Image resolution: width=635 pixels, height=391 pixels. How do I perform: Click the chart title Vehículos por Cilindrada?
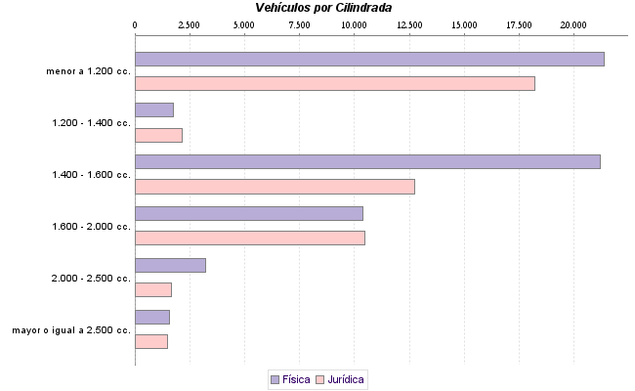pyautogui.click(x=323, y=8)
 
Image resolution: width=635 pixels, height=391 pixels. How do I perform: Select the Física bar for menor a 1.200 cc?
pyautogui.click(x=369, y=59)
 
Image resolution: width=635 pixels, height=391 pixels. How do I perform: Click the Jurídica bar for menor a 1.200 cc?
pyautogui.click(x=334, y=83)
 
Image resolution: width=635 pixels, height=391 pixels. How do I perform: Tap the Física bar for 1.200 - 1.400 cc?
pyautogui.click(x=153, y=109)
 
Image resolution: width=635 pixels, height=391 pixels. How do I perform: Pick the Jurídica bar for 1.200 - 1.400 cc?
pyautogui.click(x=158, y=135)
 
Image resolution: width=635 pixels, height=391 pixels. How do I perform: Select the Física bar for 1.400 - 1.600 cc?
pyautogui.click(x=367, y=161)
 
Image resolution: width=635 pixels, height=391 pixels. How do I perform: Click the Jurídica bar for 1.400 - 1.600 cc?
pyautogui.click(x=275, y=187)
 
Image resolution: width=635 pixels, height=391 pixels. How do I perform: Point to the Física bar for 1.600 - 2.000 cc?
pyautogui.click(x=248, y=213)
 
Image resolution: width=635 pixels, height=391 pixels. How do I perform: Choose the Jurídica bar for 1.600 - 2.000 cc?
pyautogui.click(x=249, y=239)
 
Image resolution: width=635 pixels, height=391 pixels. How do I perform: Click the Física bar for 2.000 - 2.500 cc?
pyautogui.click(x=170, y=265)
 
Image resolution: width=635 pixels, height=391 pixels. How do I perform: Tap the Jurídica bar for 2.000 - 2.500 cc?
pyautogui.click(x=152, y=290)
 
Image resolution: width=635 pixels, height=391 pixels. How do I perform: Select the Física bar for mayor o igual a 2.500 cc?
pyautogui.click(x=151, y=317)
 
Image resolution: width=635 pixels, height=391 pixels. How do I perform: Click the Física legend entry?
pyautogui.click(x=289, y=378)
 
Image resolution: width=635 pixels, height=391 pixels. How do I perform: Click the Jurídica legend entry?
pyautogui.click(x=341, y=378)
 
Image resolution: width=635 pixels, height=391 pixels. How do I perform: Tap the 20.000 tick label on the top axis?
pyautogui.click(x=574, y=23)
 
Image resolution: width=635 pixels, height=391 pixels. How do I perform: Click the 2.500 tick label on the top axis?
pyautogui.click(x=189, y=23)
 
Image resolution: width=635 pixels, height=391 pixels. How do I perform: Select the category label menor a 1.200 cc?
pyautogui.click(x=88, y=71)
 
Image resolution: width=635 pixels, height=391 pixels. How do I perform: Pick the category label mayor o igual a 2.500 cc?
pyautogui.click(x=70, y=330)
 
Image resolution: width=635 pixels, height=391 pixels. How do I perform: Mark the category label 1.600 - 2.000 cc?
pyautogui.click(x=91, y=227)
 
